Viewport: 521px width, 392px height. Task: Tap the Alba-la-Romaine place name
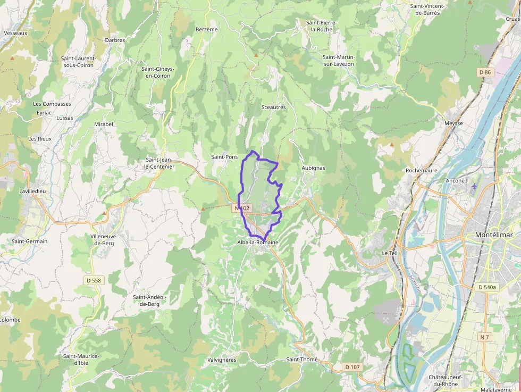pyautogui.click(x=258, y=242)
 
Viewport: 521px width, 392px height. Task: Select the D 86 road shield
pyautogui.click(x=484, y=72)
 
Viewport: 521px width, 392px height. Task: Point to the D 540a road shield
pyautogui.click(x=486, y=287)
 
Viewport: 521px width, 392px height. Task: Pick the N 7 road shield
pyautogui.click(x=484, y=337)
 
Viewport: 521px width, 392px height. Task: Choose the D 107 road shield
pyautogui.click(x=352, y=366)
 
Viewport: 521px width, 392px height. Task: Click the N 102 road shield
pyautogui.click(x=242, y=208)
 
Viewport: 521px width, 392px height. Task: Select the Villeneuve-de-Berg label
pyautogui.click(x=105, y=239)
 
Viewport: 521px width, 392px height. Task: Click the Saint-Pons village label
pyautogui.click(x=224, y=157)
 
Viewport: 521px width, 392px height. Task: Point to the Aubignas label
pyautogui.click(x=313, y=168)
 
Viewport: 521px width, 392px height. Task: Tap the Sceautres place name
pyautogui.click(x=274, y=107)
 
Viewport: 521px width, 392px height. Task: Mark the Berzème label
pyautogui.click(x=207, y=29)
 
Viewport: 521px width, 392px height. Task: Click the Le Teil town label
pyautogui.click(x=390, y=253)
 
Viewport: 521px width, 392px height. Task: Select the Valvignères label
pyautogui.click(x=222, y=360)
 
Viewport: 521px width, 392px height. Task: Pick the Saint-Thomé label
pyautogui.click(x=302, y=360)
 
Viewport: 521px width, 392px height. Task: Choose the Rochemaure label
pyautogui.click(x=421, y=171)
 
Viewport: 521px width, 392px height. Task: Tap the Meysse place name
pyautogui.click(x=453, y=123)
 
